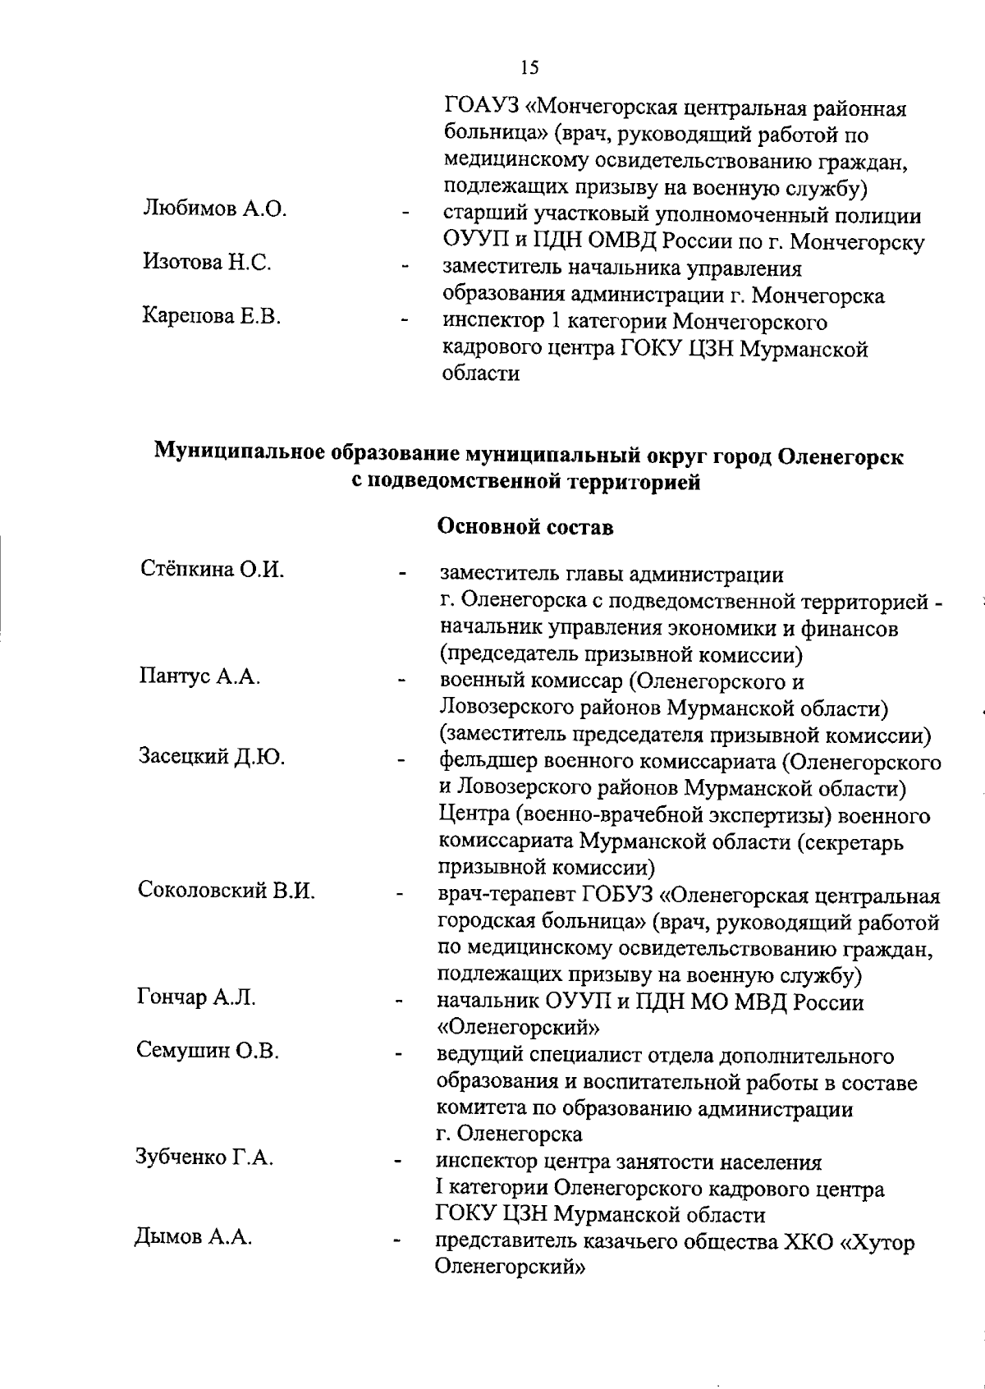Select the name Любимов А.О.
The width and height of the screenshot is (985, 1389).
215,209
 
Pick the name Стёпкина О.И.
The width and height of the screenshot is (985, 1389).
212,569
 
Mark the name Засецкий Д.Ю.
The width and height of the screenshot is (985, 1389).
212,756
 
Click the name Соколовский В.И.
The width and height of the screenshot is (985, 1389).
227,890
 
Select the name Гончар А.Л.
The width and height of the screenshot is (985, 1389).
196,997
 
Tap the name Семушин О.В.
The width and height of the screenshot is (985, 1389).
208,1051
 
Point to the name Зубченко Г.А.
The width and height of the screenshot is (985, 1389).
204,1157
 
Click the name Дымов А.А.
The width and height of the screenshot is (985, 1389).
193,1238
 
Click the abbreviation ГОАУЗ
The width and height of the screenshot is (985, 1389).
479,108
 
